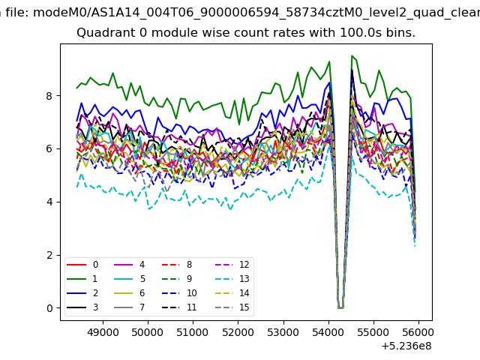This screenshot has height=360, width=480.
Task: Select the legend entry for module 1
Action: pyautogui.click(x=82, y=279)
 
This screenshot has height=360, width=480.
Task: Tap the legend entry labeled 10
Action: pyautogui.click(x=179, y=293)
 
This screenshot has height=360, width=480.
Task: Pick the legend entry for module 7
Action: pyautogui.click(x=130, y=307)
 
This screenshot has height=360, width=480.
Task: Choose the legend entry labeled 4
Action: pyautogui.click(x=130, y=265)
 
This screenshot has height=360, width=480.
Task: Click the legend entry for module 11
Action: pyautogui.click(x=179, y=307)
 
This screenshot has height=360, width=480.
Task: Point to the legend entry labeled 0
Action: pyautogui.click(x=82, y=265)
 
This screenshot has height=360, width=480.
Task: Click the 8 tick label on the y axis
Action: pyautogui.click(x=49, y=96)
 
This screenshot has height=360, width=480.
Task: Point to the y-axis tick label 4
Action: pyautogui.click(x=49, y=202)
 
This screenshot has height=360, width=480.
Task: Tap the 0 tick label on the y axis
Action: pyautogui.click(x=49, y=308)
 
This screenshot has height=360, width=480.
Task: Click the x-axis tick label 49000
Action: pyautogui.click(x=103, y=332)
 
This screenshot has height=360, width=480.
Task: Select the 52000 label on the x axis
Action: pyautogui.click(x=238, y=332)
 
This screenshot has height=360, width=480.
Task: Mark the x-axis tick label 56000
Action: pyautogui.click(x=418, y=332)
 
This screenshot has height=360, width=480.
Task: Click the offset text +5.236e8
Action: pyautogui.click(x=406, y=346)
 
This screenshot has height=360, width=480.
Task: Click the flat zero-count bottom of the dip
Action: pyautogui.click(x=340, y=308)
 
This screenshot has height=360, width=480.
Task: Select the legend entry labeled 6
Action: pyautogui.click(x=130, y=293)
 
